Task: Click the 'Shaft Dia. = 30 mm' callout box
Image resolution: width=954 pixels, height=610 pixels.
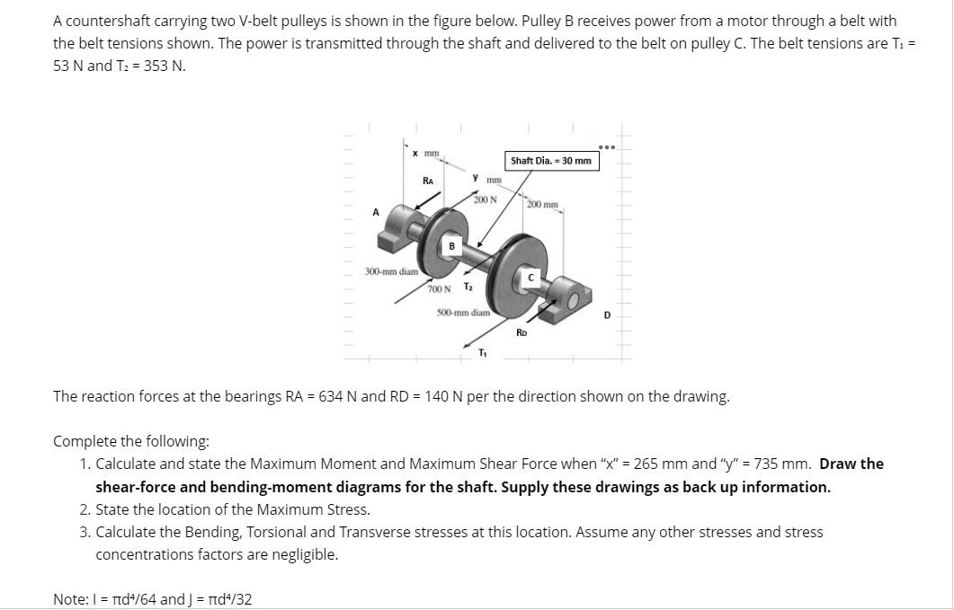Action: (x=551, y=161)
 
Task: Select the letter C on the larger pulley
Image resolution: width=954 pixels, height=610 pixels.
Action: (x=531, y=278)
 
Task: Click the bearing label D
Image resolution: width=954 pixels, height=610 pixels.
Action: (x=607, y=314)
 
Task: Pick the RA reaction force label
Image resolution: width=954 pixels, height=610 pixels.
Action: (x=429, y=181)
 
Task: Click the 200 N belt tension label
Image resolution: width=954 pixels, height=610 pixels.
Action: (x=486, y=199)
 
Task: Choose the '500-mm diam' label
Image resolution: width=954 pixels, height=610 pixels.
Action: (x=463, y=313)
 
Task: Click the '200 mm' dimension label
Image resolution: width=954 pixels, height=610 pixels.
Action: (x=543, y=205)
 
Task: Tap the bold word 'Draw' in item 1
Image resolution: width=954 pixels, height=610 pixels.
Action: (x=839, y=464)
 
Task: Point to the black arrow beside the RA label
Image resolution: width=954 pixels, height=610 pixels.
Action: (x=412, y=199)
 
